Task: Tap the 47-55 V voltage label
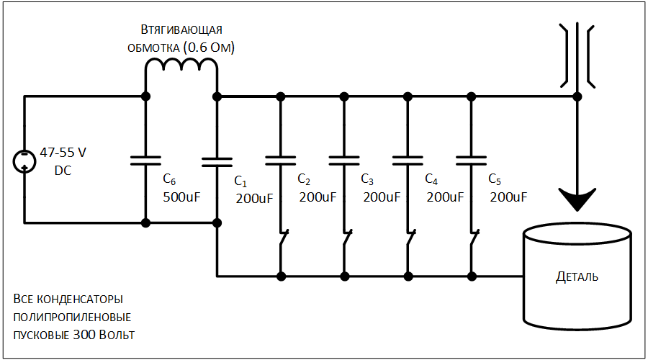63,153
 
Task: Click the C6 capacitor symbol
145,161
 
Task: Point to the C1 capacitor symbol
217,161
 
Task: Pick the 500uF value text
182,197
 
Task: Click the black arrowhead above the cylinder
577,199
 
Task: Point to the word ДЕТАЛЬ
577,276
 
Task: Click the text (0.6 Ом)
209,48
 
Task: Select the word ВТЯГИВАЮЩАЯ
180,30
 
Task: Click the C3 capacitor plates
344,161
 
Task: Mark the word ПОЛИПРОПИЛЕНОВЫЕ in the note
72,317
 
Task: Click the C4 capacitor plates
408,161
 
